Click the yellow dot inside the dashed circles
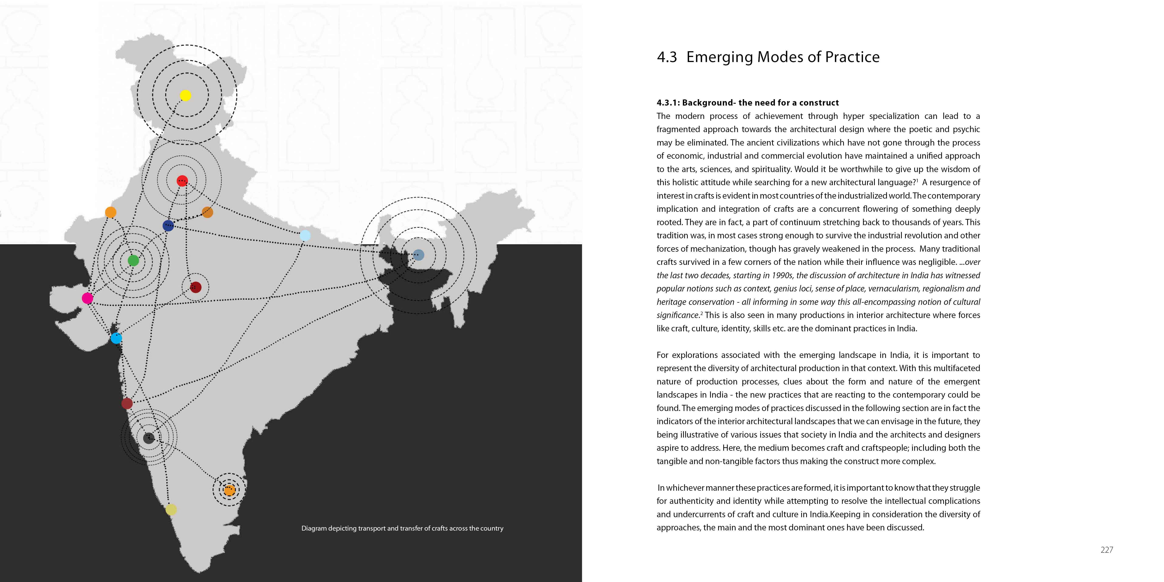pyautogui.click(x=185, y=95)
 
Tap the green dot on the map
pyautogui.click(x=133, y=260)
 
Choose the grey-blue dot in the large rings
pyautogui.click(x=418, y=255)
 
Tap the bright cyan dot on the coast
pyautogui.click(x=116, y=338)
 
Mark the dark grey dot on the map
pyautogui.click(x=149, y=437)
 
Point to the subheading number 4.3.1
pyautogui.click(x=668, y=103)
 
